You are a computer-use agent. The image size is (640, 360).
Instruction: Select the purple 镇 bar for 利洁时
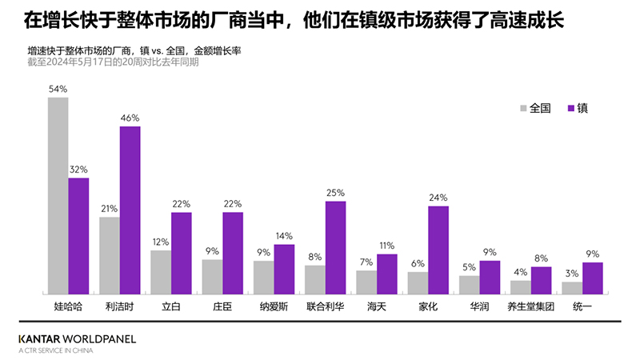[130, 210]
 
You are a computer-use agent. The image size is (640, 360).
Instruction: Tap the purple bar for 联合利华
[335, 247]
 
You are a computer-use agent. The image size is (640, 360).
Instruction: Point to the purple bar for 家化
[438, 250]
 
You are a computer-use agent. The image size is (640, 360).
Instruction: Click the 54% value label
[58, 90]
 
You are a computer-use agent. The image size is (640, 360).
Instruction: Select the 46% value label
[130, 118]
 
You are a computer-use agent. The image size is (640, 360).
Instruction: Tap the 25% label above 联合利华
[335, 193]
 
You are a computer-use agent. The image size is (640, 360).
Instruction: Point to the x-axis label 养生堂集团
[531, 306]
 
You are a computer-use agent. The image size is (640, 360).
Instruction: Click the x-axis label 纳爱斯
[274, 306]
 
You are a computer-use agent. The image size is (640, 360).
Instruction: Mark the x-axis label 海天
[377, 306]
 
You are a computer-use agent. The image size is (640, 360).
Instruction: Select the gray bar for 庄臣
[212, 277]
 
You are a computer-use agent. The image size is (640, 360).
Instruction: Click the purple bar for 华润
[490, 278]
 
